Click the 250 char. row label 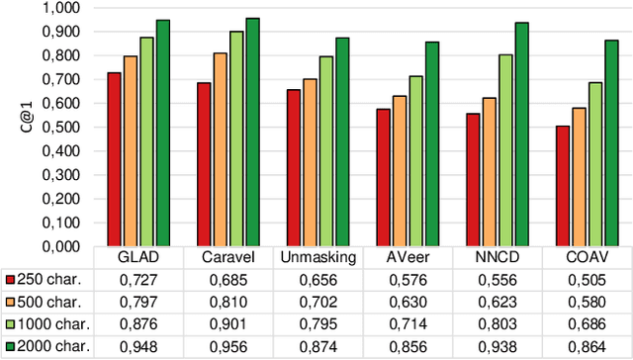coord(49,280)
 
